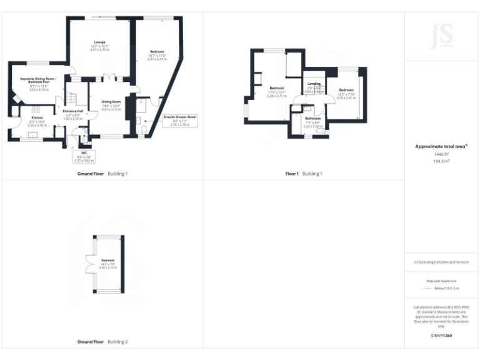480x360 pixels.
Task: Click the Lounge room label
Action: tap(100, 46)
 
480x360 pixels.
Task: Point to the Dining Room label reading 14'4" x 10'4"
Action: tap(111, 106)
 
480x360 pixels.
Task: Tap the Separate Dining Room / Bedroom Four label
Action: tap(38, 84)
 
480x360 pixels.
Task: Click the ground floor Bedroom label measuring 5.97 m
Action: tap(157, 56)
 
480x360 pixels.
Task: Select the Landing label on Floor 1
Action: tap(314, 87)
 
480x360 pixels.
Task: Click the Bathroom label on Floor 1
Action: tap(312, 122)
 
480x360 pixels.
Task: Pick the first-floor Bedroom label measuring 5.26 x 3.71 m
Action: tap(276, 92)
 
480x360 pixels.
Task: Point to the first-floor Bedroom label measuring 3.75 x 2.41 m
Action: tap(346, 94)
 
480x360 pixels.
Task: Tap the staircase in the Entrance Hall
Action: tap(72, 99)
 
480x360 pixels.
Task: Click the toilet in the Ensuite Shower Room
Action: tap(145, 129)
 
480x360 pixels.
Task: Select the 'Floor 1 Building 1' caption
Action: tap(304, 173)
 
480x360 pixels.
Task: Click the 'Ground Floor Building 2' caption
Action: tap(102, 342)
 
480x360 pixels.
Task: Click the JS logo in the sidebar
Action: tap(442, 36)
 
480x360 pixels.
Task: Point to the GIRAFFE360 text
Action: tap(442, 336)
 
